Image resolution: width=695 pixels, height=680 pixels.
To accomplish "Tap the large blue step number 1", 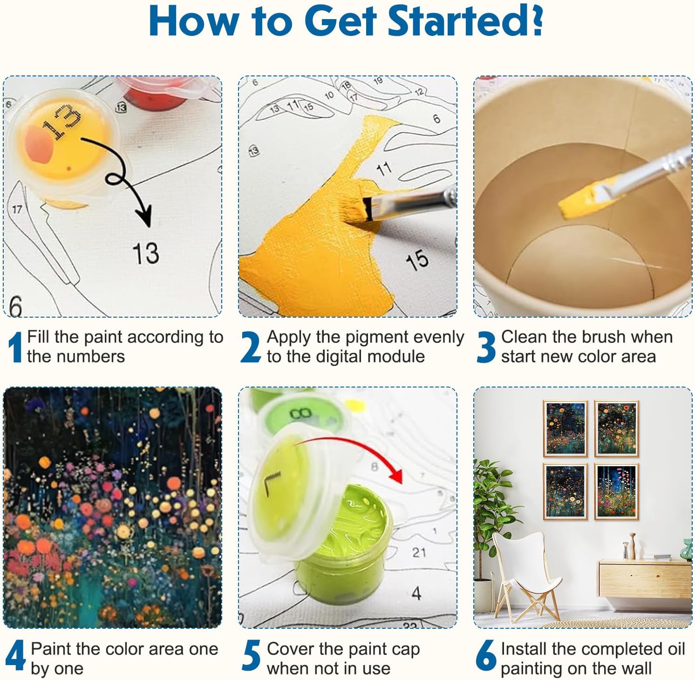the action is click(16, 347).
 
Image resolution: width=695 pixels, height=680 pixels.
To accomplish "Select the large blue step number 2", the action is click(251, 347).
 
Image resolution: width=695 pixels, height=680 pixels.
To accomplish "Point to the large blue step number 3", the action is click(487, 347).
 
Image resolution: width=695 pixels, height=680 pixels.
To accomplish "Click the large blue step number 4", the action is click(15, 656).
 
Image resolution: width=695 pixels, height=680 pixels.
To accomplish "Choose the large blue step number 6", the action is click(486, 656).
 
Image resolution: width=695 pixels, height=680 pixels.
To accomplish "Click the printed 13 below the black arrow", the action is click(146, 253).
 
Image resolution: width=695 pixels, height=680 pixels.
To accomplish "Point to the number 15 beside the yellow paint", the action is click(417, 259).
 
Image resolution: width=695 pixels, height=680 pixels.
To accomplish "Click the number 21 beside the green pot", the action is click(419, 552).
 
